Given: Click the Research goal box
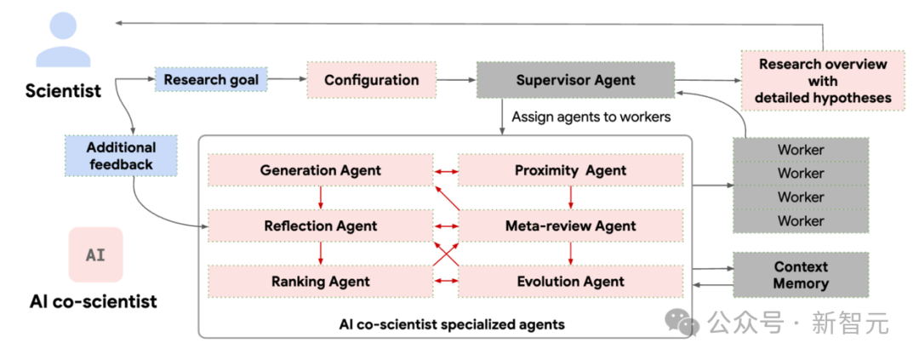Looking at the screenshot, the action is (x=211, y=79).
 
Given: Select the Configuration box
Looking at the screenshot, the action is (x=372, y=80).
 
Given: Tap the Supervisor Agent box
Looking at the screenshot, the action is (x=575, y=80).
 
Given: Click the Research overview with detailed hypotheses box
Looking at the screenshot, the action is (x=823, y=80).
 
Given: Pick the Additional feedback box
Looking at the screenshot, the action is (x=121, y=156).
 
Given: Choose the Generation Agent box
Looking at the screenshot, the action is (x=321, y=170).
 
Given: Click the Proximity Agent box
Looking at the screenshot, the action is (x=570, y=170).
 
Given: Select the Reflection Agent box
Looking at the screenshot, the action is (x=321, y=226).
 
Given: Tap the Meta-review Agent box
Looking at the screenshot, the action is (x=570, y=226).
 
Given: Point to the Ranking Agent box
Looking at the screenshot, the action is (x=321, y=282).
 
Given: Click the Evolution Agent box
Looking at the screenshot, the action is (x=570, y=282).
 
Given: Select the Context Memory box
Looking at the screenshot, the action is (x=801, y=275).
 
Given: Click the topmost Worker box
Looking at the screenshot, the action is (x=801, y=150).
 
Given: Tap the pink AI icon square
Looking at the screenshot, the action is (x=95, y=255).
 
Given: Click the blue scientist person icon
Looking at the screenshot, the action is (x=63, y=39).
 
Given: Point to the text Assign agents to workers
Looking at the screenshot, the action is (x=591, y=117).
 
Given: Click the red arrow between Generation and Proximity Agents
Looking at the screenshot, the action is (x=445, y=171).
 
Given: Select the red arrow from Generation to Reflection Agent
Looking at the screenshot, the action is (x=321, y=198).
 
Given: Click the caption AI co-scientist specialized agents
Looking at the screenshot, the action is (x=452, y=323).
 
